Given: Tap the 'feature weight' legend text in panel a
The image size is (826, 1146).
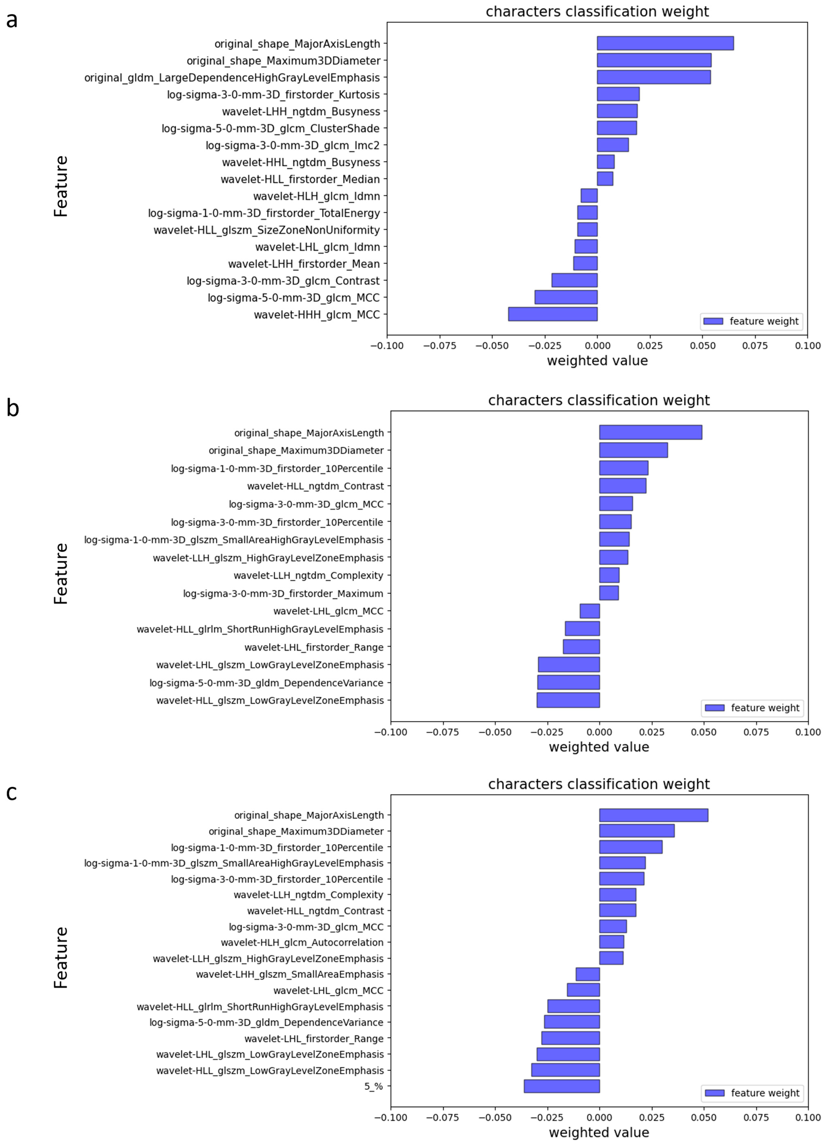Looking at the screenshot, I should [x=764, y=321].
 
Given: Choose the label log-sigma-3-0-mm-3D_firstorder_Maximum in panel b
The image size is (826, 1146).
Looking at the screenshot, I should [x=283, y=593].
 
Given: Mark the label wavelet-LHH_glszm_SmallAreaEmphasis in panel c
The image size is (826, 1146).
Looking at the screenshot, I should [x=290, y=974].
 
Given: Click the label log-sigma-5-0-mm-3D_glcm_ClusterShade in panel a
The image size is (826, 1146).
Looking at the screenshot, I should [x=270, y=128].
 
